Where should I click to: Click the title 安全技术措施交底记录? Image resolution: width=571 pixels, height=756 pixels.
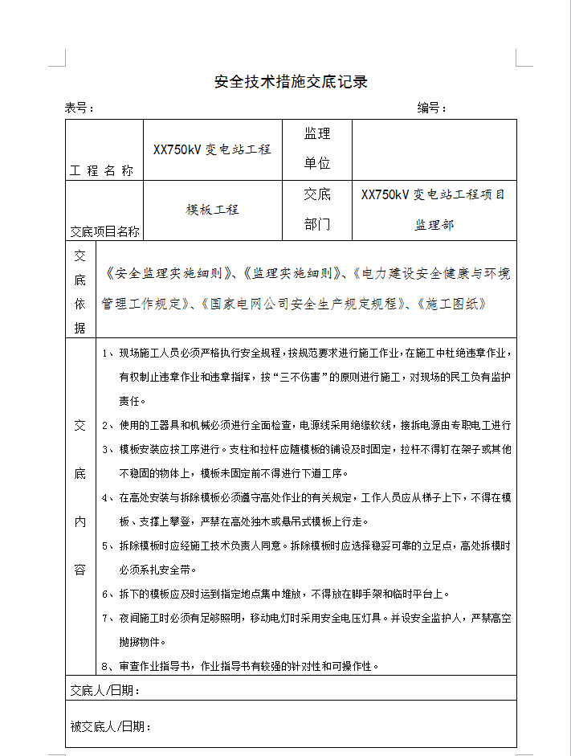[x=291, y=82]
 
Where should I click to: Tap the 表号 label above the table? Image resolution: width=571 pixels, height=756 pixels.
[x=80, y=108]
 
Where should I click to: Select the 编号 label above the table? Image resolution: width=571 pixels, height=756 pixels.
[x=431, y=108]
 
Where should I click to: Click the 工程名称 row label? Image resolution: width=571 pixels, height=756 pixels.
[x=102, y=170]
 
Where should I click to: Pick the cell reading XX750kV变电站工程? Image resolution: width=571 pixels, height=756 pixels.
[x=212, y=149]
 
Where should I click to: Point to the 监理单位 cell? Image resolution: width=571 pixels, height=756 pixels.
[x=317, y=149]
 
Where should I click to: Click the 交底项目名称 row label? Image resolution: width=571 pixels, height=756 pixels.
[x=104, y=231]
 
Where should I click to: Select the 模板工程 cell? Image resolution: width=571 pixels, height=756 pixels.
[x=213, y=210]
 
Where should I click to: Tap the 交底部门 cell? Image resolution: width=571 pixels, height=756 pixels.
[x=317, y=210]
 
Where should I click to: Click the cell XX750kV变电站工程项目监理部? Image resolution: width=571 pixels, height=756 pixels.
[x=434, y=210]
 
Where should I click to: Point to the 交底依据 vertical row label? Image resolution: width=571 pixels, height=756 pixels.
[x=80, y=292]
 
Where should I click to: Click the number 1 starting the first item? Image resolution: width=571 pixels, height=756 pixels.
[x=106, y=353]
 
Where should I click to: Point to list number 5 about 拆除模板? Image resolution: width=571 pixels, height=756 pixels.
[x=106, y=546]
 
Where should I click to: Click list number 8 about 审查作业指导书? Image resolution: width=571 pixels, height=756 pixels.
[x=106, y=666]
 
